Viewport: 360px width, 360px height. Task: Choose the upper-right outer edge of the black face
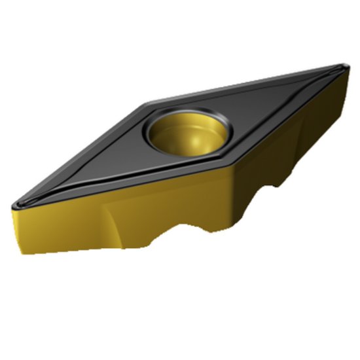pos(249,84)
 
